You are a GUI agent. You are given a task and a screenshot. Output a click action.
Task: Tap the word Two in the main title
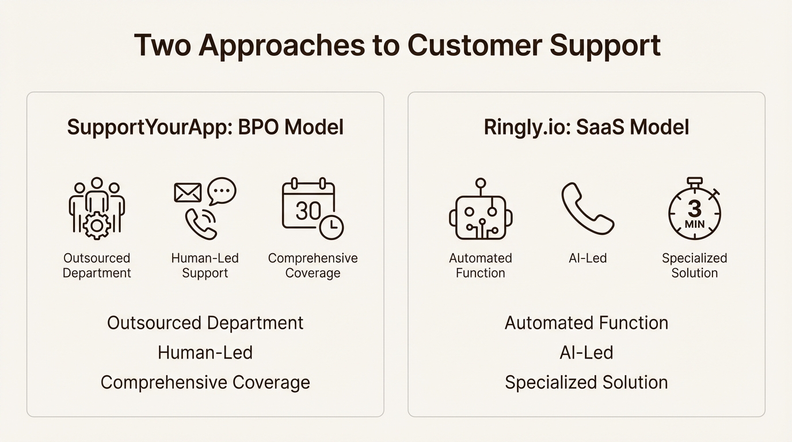tap(162, 45)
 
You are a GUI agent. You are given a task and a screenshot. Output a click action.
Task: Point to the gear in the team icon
tap(97, 226)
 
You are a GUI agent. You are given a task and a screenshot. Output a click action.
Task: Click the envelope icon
tap(188, 192)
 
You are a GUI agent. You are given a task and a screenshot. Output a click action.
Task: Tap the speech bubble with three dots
tap(222, 190)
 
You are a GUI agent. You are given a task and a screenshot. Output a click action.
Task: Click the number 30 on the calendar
tap(308, 211)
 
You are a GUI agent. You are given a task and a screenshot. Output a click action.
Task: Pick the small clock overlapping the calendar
tap(331, 227)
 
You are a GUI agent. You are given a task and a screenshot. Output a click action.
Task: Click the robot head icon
tap(481, 216)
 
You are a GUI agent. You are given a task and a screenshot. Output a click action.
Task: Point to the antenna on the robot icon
tap(480, 186)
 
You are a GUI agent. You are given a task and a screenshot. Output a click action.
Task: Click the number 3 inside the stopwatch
tap(695, 208)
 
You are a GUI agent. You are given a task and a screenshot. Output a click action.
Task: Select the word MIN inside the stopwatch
tap(695, 223)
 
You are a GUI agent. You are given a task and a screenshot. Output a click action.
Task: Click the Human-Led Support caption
tap(205, 265)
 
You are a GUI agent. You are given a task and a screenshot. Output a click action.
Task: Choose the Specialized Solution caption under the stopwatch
tap(695, 265)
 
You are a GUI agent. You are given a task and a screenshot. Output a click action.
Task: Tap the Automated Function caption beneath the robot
tap(481, 265)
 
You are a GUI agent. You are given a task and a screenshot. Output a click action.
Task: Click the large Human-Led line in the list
tap(205, 352)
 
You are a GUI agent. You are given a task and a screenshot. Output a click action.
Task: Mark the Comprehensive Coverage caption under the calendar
tap(313, 265)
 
